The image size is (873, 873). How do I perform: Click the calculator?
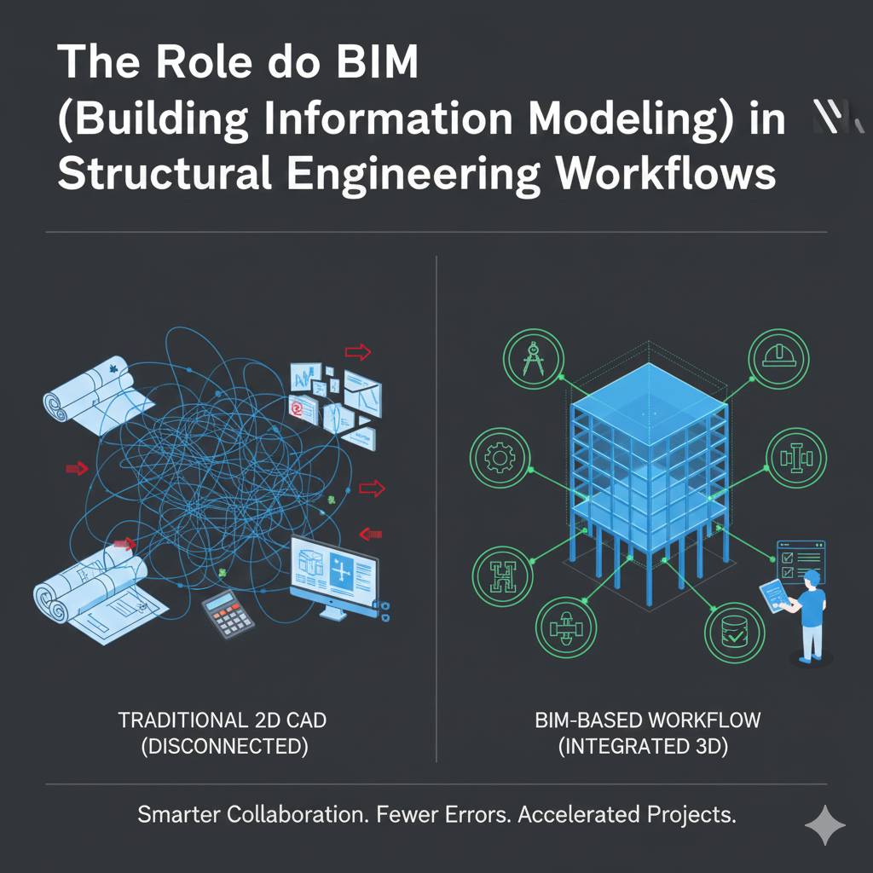(x=228, y=615)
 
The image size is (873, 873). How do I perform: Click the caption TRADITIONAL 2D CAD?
(x=222, y=720)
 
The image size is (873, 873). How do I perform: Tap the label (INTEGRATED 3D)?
(x=647, y=748)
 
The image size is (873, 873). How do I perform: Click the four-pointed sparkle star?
(x=825, y=824)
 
